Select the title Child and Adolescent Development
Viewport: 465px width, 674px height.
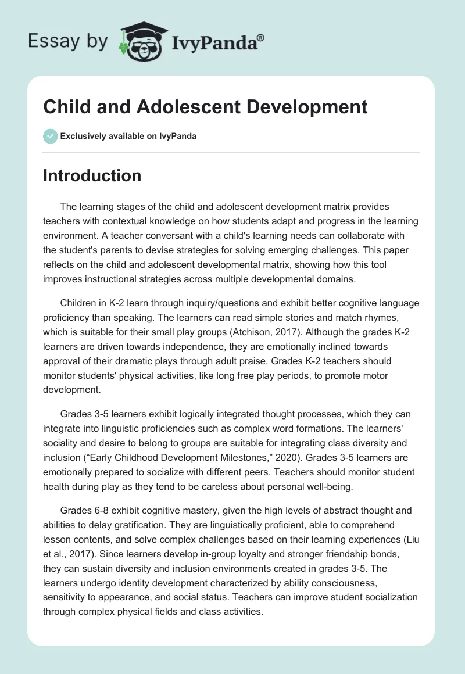[205, 107]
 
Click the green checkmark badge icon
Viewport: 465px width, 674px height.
[49, 136]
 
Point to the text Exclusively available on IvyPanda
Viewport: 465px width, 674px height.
[128, 136]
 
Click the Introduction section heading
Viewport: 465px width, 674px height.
[92, 175]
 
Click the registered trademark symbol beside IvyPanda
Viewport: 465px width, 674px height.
[261, 37]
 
